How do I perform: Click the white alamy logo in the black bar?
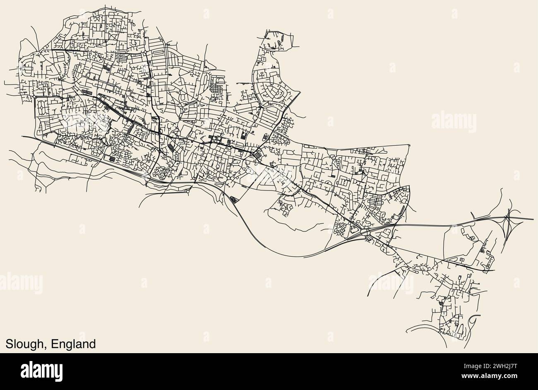tap(41, 369)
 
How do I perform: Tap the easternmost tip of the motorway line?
tap(533, 219)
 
